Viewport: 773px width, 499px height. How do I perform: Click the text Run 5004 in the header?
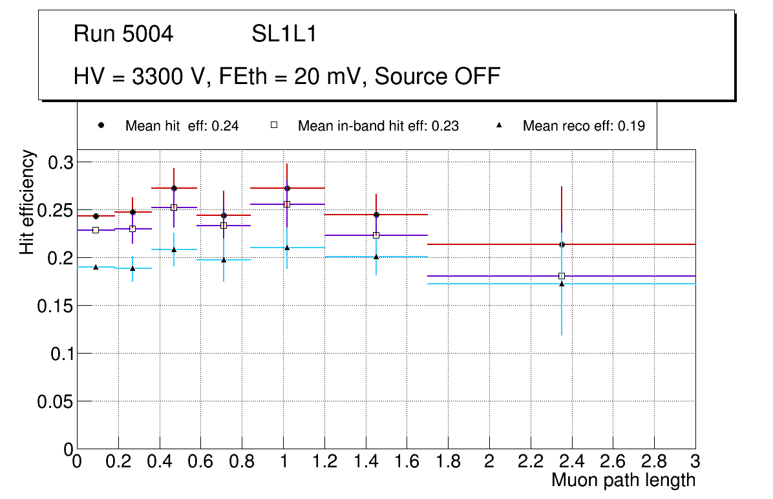(123, 34)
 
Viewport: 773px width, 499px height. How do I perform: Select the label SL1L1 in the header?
(284, 34)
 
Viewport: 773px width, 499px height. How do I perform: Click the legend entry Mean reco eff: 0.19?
(584, 126)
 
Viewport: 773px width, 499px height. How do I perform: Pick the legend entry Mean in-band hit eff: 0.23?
(378, 126)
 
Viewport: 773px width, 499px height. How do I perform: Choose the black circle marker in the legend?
(101, 125)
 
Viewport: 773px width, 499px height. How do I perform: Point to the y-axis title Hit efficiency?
(27, 202)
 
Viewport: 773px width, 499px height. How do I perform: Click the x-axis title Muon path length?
(623, 480)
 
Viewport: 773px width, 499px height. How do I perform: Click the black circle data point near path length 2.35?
(562, 244)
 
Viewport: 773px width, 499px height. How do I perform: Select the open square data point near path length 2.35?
(562, 276)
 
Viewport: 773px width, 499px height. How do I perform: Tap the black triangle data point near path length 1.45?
(376, 257)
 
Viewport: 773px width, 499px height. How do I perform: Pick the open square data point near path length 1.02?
(287, 204)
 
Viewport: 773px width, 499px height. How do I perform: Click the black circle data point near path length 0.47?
(174, 188)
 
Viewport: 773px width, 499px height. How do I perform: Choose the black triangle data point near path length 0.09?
(96, 267)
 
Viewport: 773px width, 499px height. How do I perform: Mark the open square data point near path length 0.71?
(224, 226)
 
